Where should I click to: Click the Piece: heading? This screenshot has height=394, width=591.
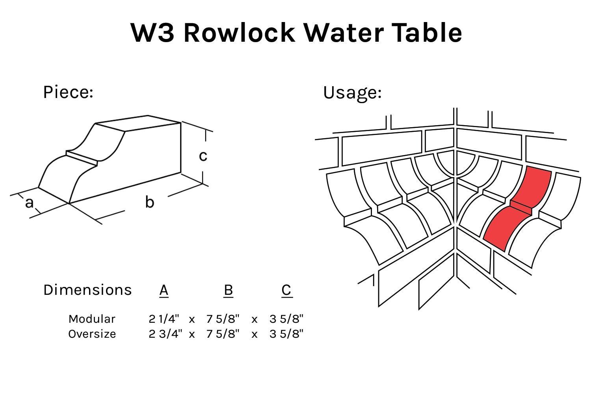[68, 92]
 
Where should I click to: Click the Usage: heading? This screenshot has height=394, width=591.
[352, 93]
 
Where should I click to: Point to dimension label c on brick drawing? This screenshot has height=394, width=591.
[203, 156]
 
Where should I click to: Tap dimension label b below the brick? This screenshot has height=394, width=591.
[149, 202]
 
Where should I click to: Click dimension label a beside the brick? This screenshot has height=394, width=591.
[29, 203]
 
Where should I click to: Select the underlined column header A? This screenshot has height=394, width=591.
[164, 290]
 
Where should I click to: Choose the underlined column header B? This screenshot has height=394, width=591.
[228, 290]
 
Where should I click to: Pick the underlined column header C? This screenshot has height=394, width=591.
[286, 290]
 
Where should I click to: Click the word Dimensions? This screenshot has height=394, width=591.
[87, 290]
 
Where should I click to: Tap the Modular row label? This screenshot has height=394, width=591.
[92, 319]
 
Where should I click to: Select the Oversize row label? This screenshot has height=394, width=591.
[92, 334]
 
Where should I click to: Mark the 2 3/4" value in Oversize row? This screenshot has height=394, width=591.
[165, 334]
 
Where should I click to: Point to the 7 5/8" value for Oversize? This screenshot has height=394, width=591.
[223, 334]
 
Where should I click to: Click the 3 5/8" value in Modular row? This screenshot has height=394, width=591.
[286, 319]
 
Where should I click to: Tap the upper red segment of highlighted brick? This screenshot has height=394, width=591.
[532, 185]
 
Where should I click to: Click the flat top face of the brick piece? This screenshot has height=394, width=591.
[138, 123]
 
